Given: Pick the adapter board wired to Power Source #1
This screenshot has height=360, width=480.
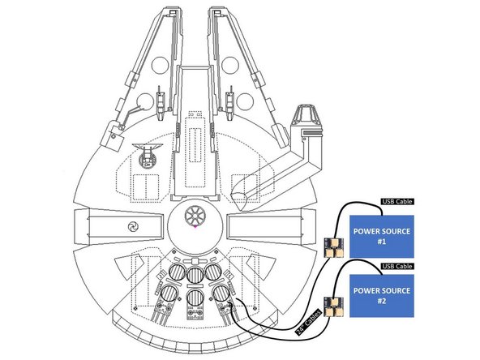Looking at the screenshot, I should pos(332,246).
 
